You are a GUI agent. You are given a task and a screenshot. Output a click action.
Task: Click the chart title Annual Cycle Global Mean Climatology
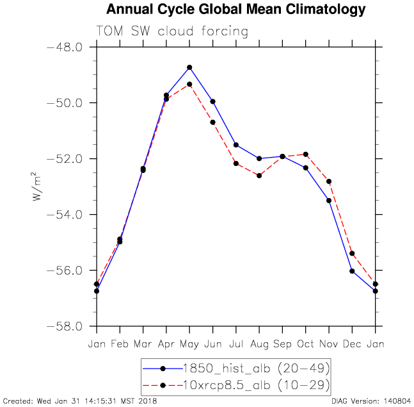(236, 10)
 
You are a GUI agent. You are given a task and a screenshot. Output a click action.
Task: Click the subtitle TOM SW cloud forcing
(171, 31)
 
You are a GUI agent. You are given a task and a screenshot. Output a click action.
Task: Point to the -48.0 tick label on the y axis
(65, 47)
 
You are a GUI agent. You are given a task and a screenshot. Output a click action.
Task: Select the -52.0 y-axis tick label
(65, 159)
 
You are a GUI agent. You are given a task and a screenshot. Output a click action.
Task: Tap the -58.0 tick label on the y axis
(65, 326)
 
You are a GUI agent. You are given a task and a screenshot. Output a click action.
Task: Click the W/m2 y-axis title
(36, 187)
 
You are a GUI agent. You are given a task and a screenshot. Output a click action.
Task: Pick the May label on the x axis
(189, 344)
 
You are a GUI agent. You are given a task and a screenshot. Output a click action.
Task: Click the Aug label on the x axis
(259, 344)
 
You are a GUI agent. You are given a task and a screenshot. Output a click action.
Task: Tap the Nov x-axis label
(329, 344)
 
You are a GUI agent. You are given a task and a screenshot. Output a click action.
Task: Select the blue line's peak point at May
(189, 67)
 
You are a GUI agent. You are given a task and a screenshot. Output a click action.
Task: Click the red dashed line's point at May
(189, 84)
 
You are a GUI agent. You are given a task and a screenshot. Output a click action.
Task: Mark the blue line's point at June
(212, 101)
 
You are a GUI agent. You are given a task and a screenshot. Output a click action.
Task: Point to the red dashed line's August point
(259, 175)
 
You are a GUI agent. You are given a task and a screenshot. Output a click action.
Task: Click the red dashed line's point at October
(306, 154)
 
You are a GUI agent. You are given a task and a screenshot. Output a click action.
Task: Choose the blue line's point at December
(352, 271)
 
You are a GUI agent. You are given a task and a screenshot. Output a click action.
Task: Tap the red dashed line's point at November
(329, 181)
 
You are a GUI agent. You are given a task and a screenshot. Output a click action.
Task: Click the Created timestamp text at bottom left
(79, 401)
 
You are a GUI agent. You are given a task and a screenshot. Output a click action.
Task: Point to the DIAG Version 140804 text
(371, 401)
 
